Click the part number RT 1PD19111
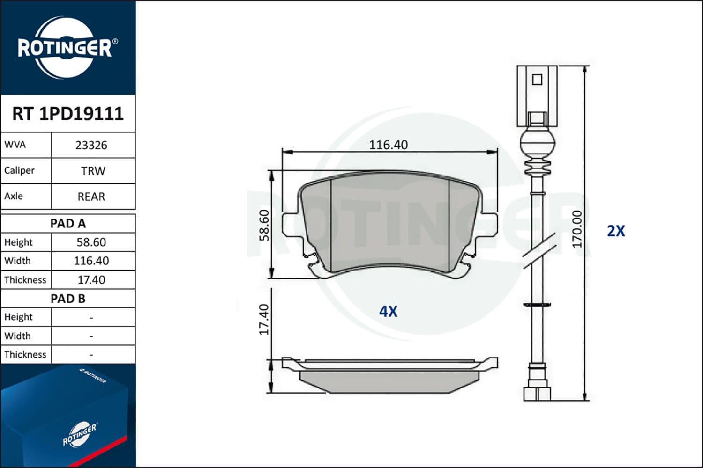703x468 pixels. pyautogui.click(x=68, y=113)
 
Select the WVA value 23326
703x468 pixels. pyautogui.click(x=91, y=146)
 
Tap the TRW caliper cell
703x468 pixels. pyautogui.click(x=93, y=171)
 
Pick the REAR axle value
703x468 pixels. pyautogui.click(x=91, y=197)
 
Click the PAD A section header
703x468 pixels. pyautogui.click(x=68, y=224)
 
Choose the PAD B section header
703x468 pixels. pyautogui.click(x=68, y=299)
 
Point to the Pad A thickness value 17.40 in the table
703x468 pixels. pyautogui.click(x=91, y=279)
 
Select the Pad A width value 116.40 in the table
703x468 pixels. pyautogui.click(x=91, y=261)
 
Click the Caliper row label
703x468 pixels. pyautogui.click(x=19, y=170)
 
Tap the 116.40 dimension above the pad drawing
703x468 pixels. pyautogui.click(x=389, y=145)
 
